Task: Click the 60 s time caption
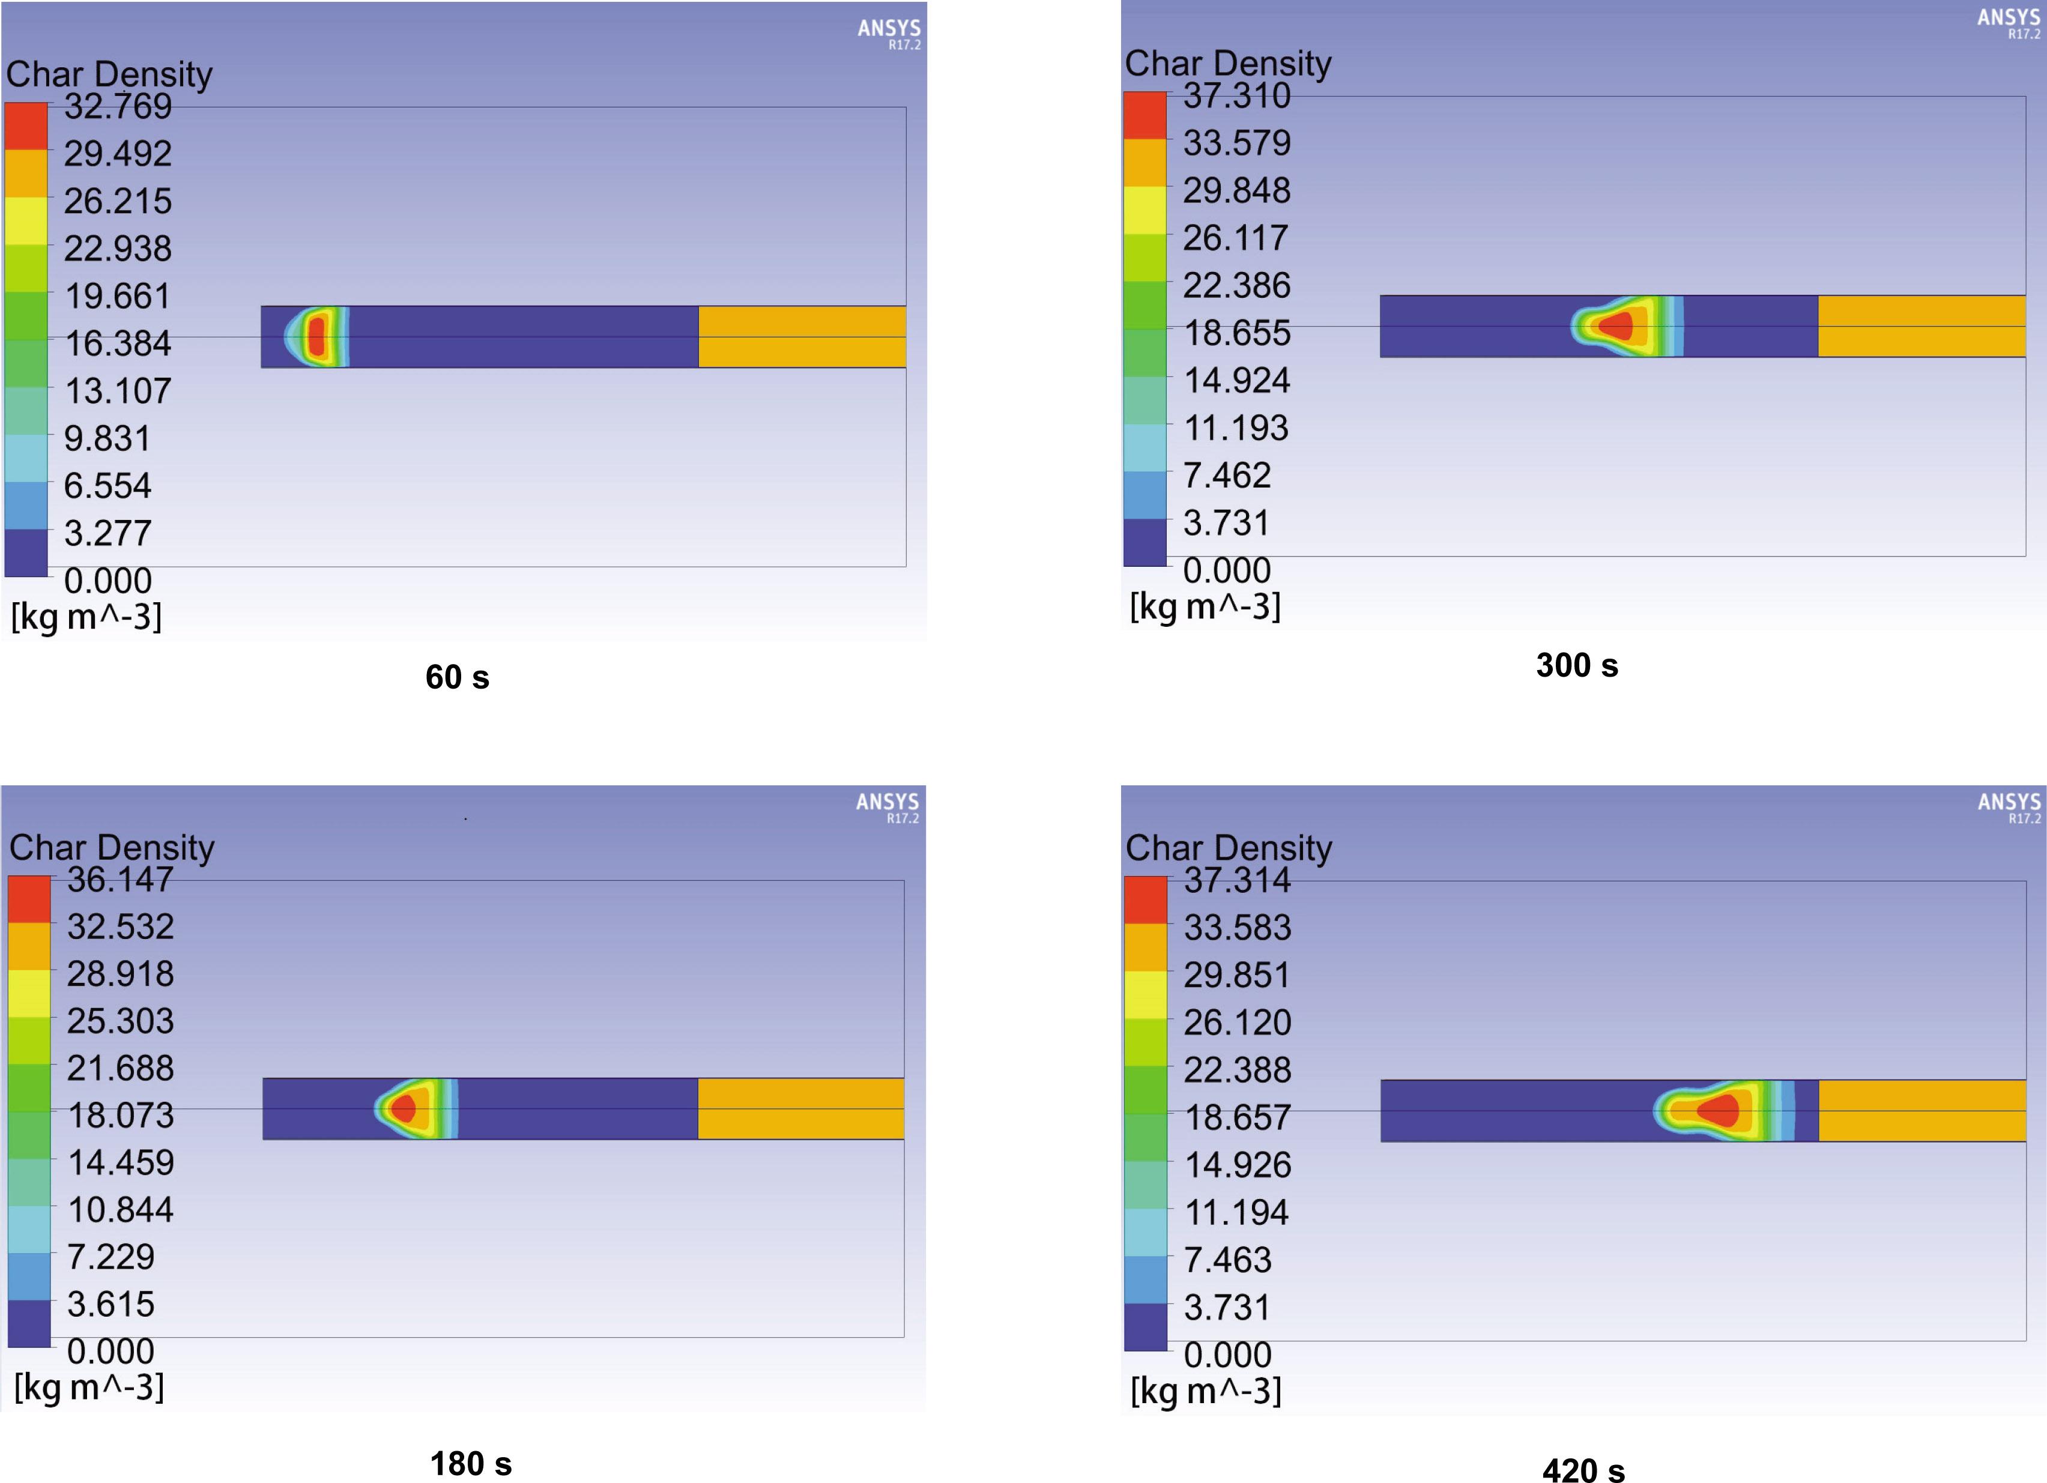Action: pos(457,677)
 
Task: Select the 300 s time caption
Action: pos(1577,665)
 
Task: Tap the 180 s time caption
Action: pos(470,1463)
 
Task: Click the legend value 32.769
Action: pos(117,106)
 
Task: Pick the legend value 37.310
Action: pos(1236,95)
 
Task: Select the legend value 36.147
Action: pos(120,879)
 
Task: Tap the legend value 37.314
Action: pos(1236,880)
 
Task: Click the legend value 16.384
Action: pos(117,344)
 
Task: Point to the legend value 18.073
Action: pos(121,1116)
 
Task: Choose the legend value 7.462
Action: pos(1227,476)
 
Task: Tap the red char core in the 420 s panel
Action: pos(1720,1110)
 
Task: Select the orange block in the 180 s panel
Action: pos(800,1108)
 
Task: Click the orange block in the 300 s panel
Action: pos(1921,326)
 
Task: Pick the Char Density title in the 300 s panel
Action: pos(1227,63)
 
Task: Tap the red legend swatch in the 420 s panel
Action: pos(1145,899)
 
